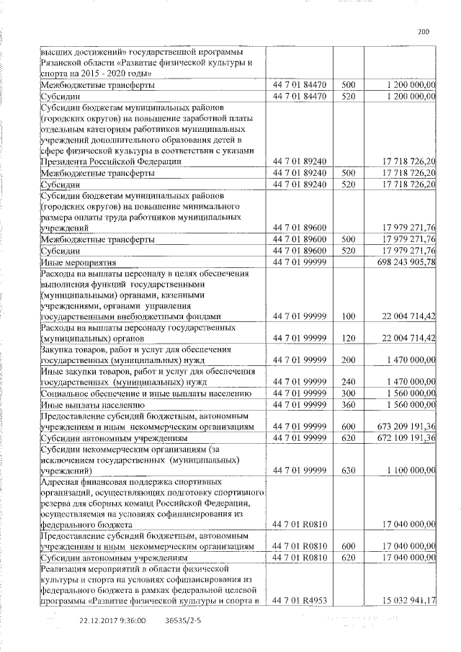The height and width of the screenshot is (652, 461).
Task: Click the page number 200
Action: coord(423,31)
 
